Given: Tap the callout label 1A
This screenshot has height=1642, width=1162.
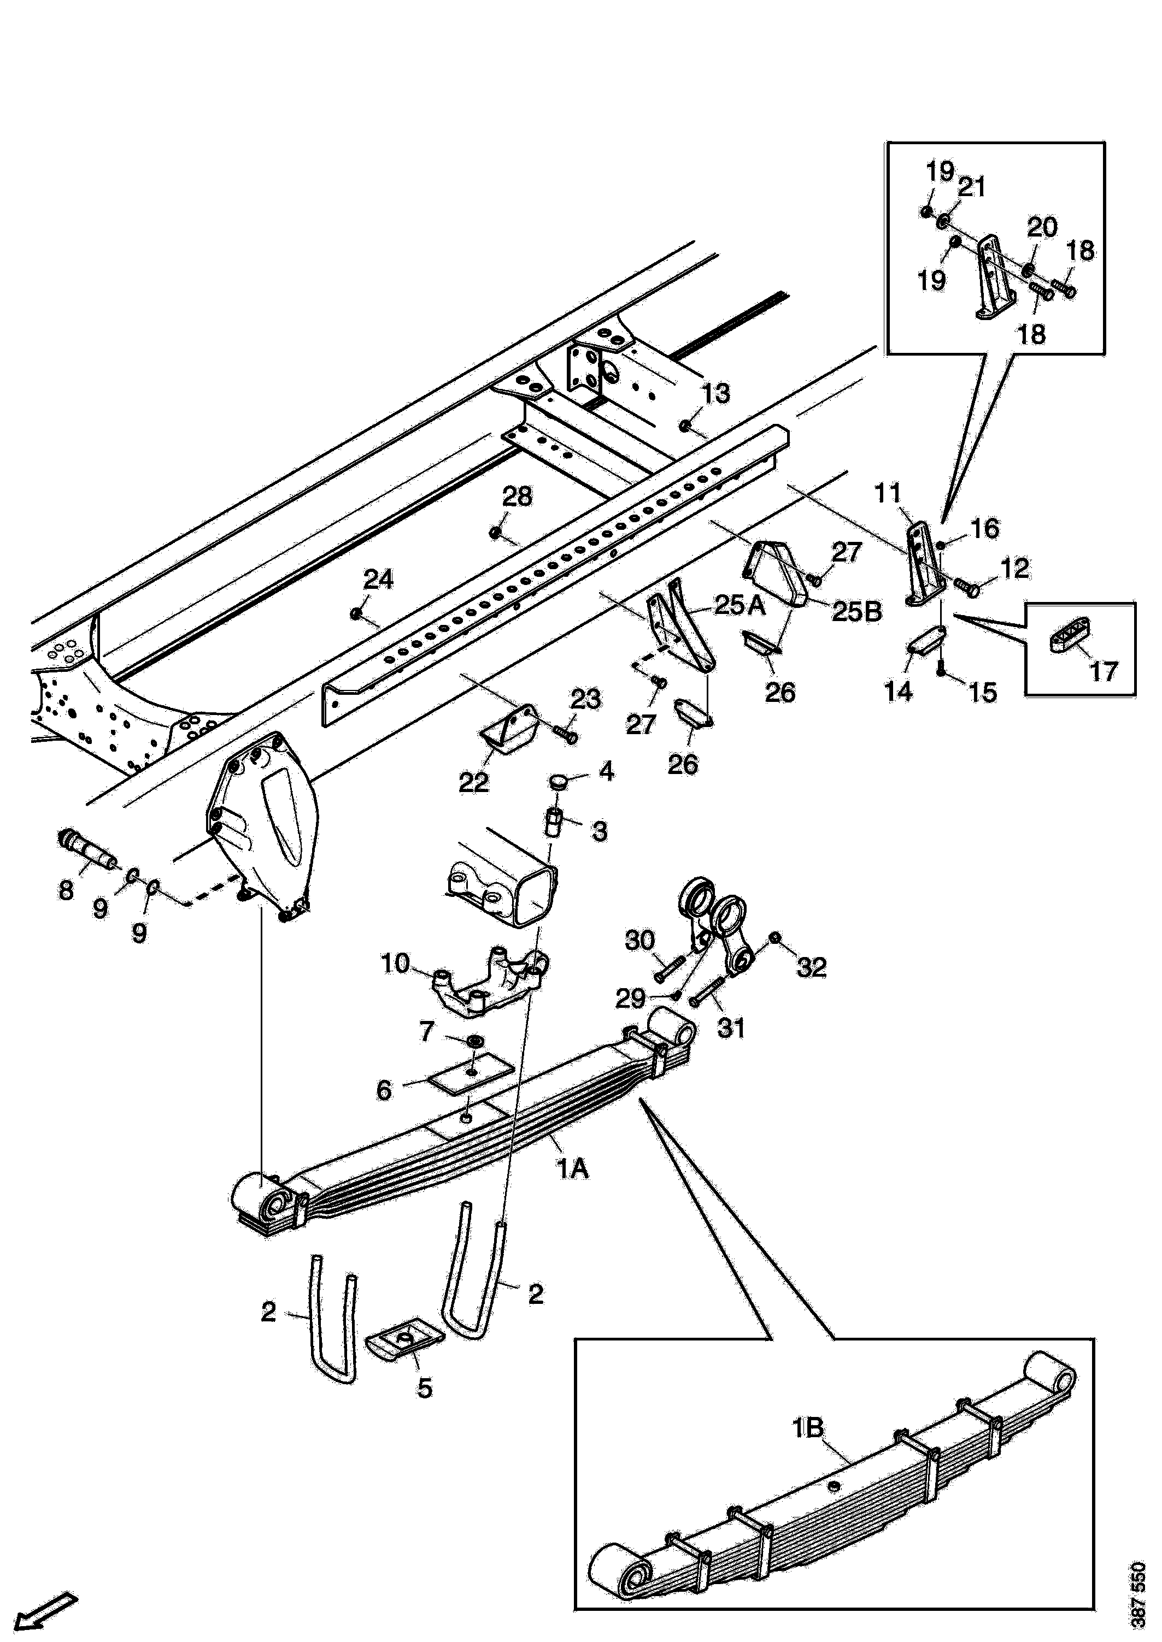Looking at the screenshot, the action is click(x=573, y=1170).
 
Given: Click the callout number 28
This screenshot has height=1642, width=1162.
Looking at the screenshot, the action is click(x=517, y=497).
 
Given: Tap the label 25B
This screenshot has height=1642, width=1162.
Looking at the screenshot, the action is click(x=856, y=612).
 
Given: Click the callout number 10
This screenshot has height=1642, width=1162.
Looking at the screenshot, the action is click(x=395, y=964).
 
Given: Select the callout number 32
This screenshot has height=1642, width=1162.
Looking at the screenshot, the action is click(x=812, y=967).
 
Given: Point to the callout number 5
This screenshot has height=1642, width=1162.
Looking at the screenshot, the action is click(x=425, y=1388).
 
